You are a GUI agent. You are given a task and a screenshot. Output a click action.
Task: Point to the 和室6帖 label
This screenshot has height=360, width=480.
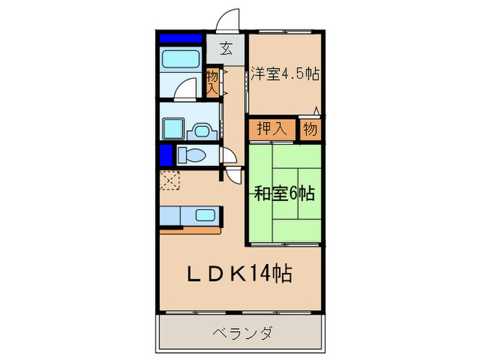[285, 194]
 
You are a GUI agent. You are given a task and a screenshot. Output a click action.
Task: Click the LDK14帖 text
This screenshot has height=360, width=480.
[239, 275]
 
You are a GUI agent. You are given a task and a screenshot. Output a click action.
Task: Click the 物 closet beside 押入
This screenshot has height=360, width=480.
[309, 128]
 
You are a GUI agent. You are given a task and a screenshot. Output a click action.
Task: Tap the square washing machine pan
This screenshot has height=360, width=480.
[172, 128]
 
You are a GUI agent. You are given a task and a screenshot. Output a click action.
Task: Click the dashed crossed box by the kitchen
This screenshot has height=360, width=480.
[169, 180]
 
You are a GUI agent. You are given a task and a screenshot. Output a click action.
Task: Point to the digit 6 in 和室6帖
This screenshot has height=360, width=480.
[293, 194]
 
